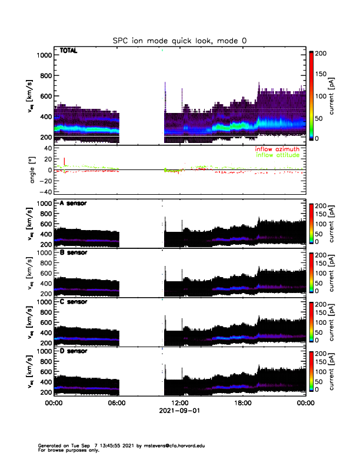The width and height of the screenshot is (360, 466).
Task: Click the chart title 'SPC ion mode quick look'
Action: [179, 41]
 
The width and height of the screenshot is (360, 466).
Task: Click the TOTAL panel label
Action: [69, 51]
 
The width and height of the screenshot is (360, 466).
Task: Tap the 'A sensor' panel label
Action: [74, 204]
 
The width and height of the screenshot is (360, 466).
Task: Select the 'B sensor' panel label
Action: [74, 252]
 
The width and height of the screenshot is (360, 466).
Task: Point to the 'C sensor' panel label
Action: [74, 302]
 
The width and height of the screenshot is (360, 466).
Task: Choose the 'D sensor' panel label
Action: [74, 351]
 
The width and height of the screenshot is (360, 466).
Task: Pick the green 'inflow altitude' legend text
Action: [276, 156]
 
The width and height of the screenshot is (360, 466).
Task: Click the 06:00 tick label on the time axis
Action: [117, 404]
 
